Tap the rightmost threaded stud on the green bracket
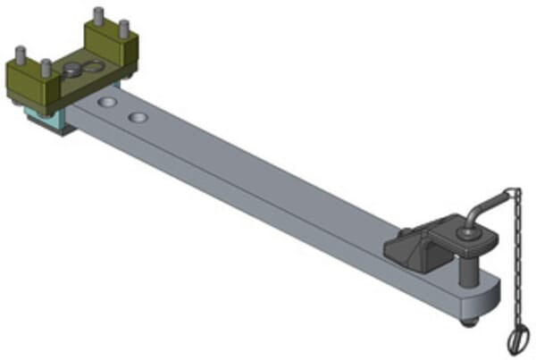[124, 27]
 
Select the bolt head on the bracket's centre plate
[73, 68]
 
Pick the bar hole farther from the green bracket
[138, 117]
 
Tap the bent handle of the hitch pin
[482, 211]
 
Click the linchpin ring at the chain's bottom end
[518, 339]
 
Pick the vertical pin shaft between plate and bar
[468, 266]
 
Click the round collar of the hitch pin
[466, 235]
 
